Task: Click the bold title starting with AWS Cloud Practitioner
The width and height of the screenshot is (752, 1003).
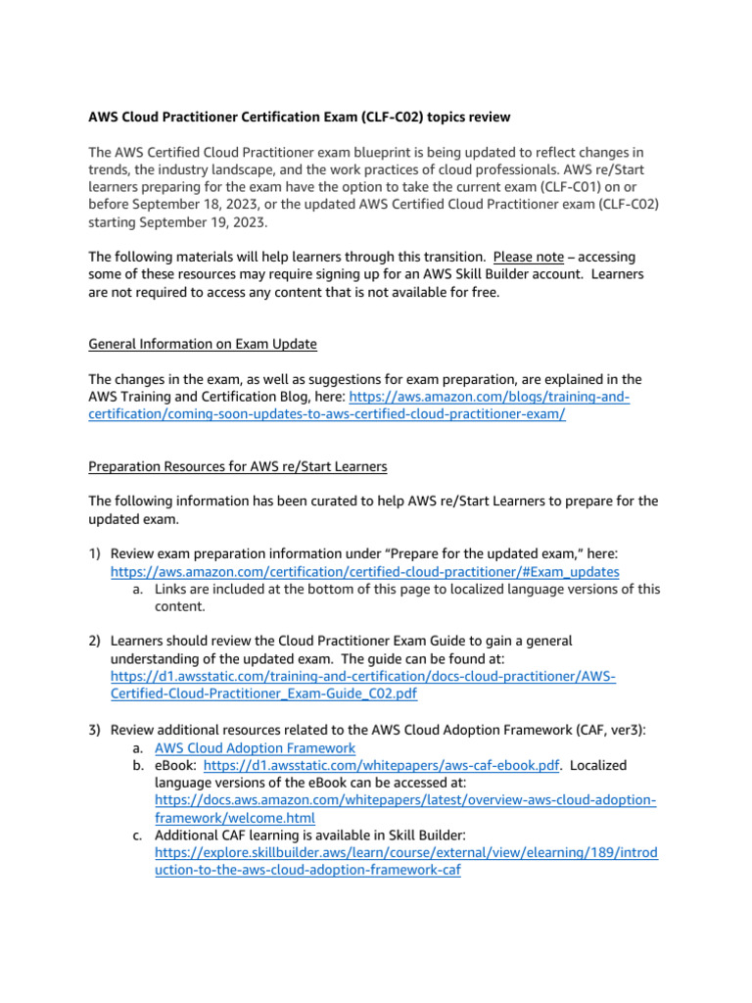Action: (299, 118)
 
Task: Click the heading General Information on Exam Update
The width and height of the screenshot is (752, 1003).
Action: (203, 344)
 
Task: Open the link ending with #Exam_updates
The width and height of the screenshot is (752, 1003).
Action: (364, 571)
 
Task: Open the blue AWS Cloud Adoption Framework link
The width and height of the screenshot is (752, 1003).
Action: (255, 747)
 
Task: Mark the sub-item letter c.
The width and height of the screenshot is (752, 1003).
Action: (140, 835)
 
